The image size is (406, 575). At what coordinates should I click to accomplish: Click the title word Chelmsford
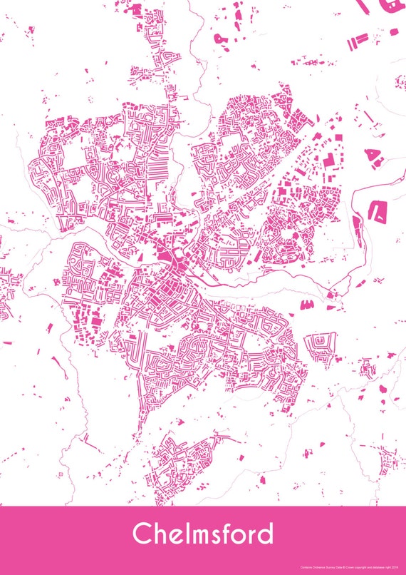[202, 533]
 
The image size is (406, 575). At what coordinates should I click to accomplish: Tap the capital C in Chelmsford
[142, 534]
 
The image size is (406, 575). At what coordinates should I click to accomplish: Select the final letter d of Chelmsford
[264, 533]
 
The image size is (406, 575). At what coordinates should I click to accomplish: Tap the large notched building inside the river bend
[376, 209]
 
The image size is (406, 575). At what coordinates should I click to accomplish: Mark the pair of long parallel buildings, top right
[358, 39]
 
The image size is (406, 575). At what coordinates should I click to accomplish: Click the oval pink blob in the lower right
[382, 390]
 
